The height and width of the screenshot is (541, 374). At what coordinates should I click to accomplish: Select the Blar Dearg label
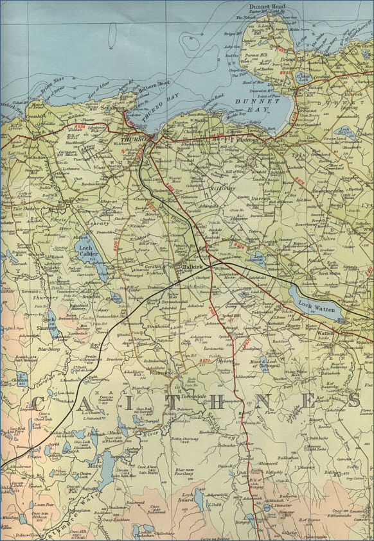[x=48, y=350]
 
